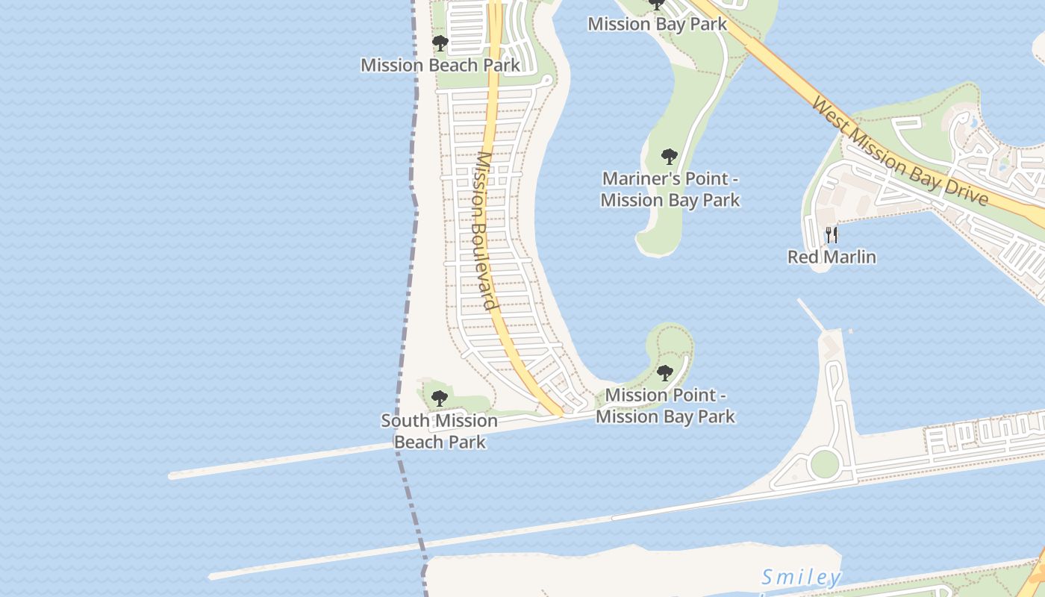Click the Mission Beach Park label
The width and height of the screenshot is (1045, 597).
(x=440, y=65)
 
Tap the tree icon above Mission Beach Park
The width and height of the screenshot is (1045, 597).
(x=440, y=43)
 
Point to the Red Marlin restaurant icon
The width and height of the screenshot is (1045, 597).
(x=832, y=235)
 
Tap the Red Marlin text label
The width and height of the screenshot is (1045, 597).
(x=832, y=257)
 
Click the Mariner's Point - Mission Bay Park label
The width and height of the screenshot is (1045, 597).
(x=670, y=190)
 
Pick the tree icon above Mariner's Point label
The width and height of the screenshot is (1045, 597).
(x=670, y=157)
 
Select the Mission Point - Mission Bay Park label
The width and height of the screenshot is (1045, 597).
(x=665, y=405)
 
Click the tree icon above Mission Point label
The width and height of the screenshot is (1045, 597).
(x=665, y=373)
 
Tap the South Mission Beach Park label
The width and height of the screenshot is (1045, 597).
(x=440, y=431)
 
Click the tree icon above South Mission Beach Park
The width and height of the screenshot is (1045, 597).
(x=440, y=398)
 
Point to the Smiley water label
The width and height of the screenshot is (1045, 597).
(x=802, y=577)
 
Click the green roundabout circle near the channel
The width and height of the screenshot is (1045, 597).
(x=825, y=463)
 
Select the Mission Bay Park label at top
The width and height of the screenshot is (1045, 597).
(x=657, y=24)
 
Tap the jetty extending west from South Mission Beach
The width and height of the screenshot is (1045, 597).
(x=284, y=460)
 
